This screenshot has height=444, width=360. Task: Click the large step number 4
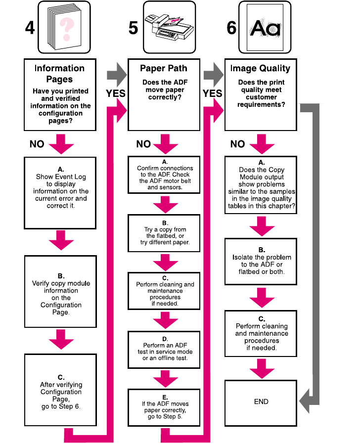pyautogui.click(x=30, y=28)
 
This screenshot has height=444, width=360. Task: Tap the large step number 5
pyautogui.click(x=133, y=28)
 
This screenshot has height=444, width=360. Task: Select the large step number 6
pyautogui.click(x=231, y=28)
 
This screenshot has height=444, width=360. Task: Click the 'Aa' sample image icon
pyautogui.click(x=265, y=28)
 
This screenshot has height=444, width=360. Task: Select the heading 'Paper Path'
pyautogui.click(x=164, y=69)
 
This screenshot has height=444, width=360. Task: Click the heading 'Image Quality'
pyautogui.click(x=260, y=69)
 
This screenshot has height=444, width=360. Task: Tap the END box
pyautogui.click(x=261, y=401)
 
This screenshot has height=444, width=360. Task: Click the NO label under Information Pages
pyautogui.click(x=37, y=144)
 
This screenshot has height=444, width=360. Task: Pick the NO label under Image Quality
pyautogui.click(x=237, y=144)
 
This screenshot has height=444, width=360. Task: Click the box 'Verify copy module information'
pyautogui.click(x=60, y=291)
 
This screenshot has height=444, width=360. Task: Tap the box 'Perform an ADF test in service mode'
pyautogui.click(x=164, y=350)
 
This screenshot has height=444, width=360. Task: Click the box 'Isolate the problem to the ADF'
pyautogui.click(x=261, y=261)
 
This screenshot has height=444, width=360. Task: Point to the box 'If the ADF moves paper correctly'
pyautogui.click(x=164, y=407)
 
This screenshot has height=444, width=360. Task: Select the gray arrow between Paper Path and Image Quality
pyautogui.click(x=213, y=76)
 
